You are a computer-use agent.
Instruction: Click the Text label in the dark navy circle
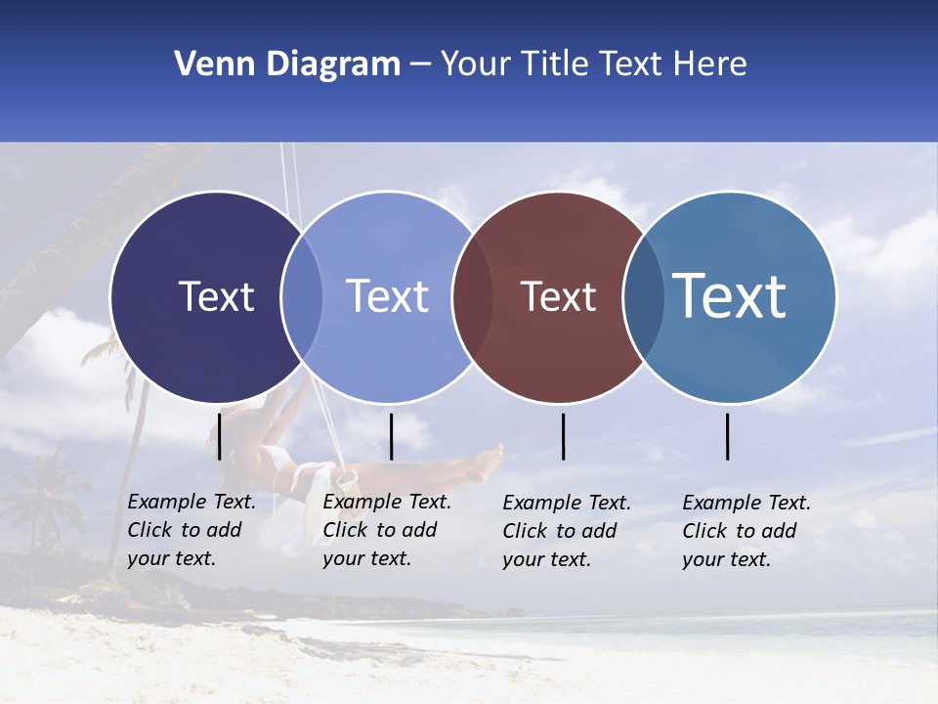click(216, 296)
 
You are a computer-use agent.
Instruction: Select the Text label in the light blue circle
click(387, 296)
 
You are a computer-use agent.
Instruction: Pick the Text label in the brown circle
click(558, 296)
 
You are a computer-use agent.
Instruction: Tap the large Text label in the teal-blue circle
click(730, 296)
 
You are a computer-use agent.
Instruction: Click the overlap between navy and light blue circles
click(302, 297)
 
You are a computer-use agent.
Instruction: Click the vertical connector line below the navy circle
click(220, 436)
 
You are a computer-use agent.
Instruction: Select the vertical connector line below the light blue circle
click(391, 436)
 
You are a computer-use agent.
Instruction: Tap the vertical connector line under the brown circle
click(564, 436)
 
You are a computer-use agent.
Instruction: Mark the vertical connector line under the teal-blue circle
click(728, 436)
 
